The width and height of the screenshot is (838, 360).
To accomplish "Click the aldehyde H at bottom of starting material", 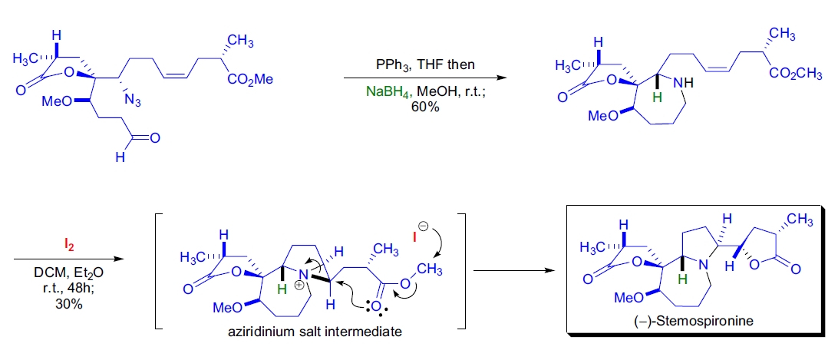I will coord(119,157).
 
